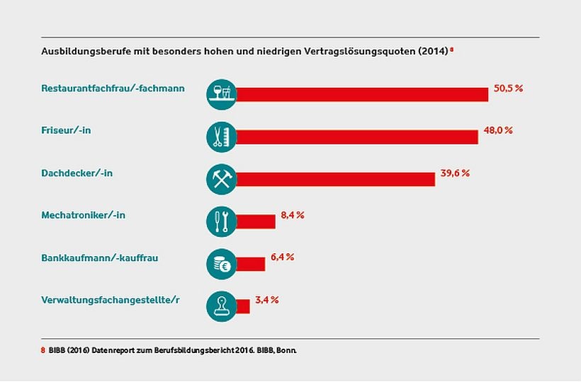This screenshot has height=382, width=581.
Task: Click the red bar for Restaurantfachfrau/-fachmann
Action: point(361,94)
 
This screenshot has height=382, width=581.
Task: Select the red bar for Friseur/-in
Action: point(356,137)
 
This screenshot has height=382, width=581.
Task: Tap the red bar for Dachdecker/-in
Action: point(334,179)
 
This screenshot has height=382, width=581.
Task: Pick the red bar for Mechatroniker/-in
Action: point(255,221)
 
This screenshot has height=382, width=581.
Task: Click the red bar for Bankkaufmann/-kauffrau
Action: point(250,264)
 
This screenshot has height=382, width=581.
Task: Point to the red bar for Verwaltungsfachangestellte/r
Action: point(242,306)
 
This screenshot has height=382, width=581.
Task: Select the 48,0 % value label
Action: point(498,131)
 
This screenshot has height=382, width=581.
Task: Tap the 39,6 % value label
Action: point(455,173)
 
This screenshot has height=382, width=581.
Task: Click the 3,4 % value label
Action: point(268,300)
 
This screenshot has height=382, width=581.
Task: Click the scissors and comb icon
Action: point(221,137)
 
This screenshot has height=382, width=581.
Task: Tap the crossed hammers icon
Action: point(221,179)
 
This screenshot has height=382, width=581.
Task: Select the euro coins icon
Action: point(221,264)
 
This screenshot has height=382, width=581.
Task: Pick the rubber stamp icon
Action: point(221,306)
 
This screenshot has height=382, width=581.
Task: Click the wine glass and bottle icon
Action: point(221,94)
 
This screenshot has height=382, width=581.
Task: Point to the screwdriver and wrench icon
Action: point(221,221)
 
